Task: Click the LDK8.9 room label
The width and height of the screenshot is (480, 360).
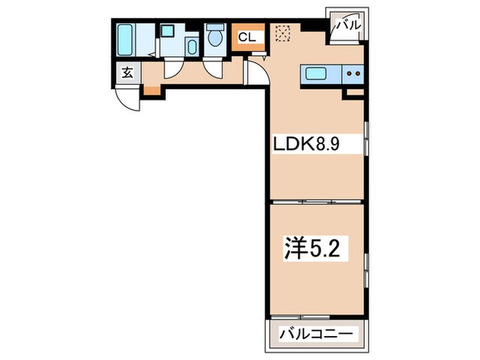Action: pyautogui.click(x=307, y=144)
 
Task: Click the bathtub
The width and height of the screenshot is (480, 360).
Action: pyautogui.click(x=126, y=40)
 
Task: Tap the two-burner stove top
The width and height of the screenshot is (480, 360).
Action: pyautogui.click(x=354, y=72)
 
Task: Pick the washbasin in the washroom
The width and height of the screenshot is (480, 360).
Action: pyautogui.click(x=191, y=46)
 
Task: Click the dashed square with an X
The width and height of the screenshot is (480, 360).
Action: pyautogui.click(x=282, y=33)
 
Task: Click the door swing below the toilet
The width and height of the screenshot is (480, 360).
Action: pyautogui.click(x=215, y=67)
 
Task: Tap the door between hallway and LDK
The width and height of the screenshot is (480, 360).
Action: pyautogui.click(x=256, y=71)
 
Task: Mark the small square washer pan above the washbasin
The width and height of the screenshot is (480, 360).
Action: pyautogui.click(x=167, y=31)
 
